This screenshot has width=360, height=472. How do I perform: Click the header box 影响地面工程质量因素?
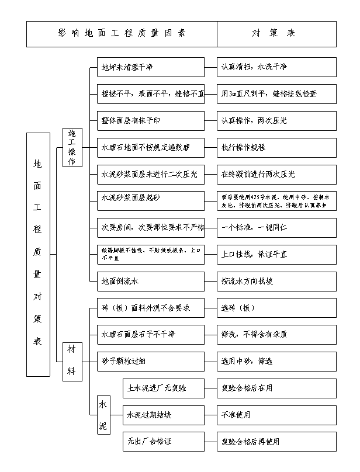[x=122, y=34]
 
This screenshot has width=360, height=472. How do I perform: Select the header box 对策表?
[x=276, y=34]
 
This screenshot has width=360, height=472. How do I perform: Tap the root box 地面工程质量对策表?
[x=37, y=254]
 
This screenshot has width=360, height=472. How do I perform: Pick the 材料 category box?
[x=72, y=361]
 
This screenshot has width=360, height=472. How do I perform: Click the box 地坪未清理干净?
[x=151, y=67]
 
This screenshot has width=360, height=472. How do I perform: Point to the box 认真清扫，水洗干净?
[x=276, y=67]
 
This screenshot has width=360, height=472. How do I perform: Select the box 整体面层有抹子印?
[x=151, y=121]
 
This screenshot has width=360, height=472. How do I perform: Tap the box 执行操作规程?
[x=276, y=148]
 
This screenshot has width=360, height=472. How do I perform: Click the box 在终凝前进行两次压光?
[x=276, y=174]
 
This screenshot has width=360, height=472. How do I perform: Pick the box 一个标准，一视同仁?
[x=276, y=227]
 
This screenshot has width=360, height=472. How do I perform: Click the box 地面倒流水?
[x=151, y=281]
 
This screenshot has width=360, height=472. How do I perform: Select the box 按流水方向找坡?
[x=276, y=281]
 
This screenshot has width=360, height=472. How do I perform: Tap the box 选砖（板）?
[x=276, y=308]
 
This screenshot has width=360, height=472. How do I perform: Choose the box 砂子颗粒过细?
[x=151, y=361]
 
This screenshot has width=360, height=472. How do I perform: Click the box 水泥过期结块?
[x=163, y=415]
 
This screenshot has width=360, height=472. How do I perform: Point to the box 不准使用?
[x=276, y=415]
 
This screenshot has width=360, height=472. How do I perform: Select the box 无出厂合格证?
[x=163, y=442]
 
